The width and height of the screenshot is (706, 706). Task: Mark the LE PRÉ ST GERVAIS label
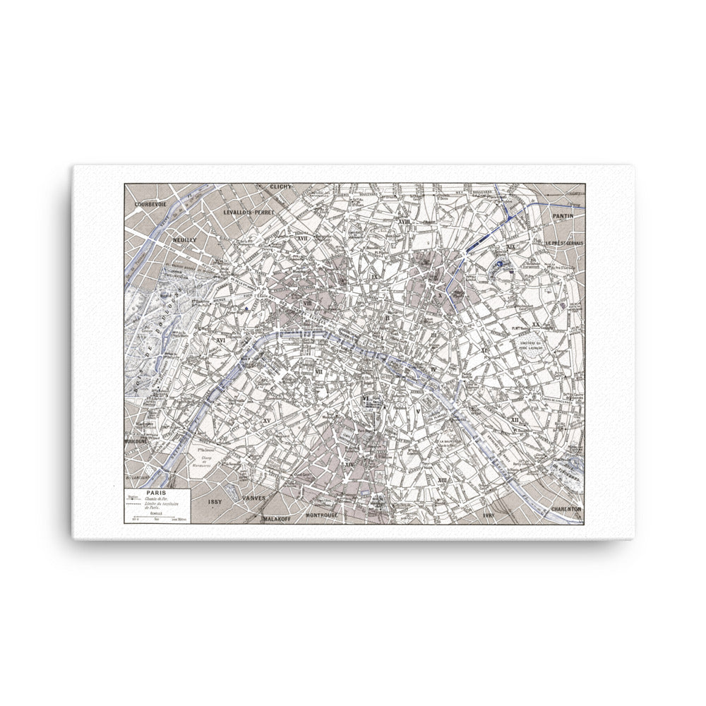tap(564, 242)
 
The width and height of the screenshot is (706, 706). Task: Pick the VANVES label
tap(253, 498)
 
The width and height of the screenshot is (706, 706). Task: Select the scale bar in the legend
tap(157, 520)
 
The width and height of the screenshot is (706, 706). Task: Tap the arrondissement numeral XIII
tap(443, 480)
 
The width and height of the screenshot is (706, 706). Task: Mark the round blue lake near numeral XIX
tap(500, 265)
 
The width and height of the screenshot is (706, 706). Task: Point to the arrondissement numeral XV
tap(266, 421)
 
